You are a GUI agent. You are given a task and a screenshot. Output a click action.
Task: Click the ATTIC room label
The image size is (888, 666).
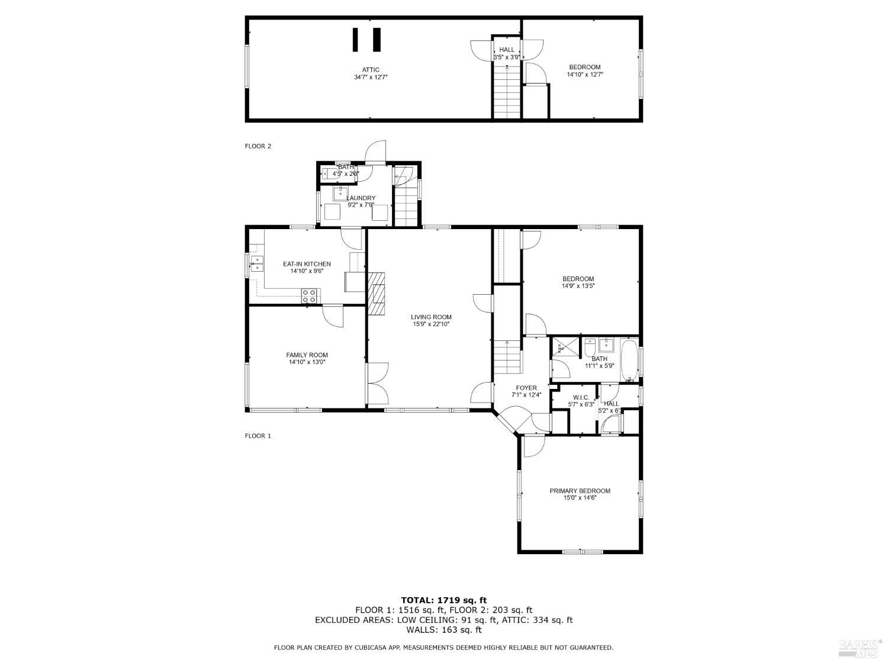coord(371,70)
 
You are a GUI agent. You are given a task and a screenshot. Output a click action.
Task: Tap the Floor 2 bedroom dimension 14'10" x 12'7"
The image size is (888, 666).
coord(584,75)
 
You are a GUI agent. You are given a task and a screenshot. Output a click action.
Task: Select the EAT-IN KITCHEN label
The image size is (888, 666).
coord(307,264)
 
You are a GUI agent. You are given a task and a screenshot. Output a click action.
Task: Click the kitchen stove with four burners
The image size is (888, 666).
coord(309,296)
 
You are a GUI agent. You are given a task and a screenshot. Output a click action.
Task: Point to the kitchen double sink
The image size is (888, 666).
coord(256,263)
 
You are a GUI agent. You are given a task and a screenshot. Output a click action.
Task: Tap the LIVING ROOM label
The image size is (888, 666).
coord(431,317)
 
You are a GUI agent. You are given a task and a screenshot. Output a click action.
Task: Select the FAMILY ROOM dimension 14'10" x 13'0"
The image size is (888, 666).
coord(307,362)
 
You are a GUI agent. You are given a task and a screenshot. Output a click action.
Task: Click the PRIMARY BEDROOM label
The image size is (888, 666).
coord(580,491)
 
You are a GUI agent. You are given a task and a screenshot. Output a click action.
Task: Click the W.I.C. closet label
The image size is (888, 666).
coord(580,397)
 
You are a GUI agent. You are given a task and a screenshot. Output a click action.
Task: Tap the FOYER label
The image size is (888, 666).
coord(526,388)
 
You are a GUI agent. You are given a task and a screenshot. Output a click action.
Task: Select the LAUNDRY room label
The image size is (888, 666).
coord(361,198)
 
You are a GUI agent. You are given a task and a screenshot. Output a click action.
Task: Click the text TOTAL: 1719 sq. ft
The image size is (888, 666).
coord(443,600)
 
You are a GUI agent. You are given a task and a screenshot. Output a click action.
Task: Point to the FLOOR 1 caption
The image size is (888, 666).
coord(258,436)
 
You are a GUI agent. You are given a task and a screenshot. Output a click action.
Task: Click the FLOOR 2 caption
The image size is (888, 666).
coord(258,146)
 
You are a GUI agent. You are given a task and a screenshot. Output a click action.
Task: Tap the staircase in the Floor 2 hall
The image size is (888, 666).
coord(507,92)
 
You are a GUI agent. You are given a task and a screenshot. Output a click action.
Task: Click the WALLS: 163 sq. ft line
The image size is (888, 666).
coord(443,630)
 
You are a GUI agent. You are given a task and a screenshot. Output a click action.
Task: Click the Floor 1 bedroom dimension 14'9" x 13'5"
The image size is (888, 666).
coord(578,286)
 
